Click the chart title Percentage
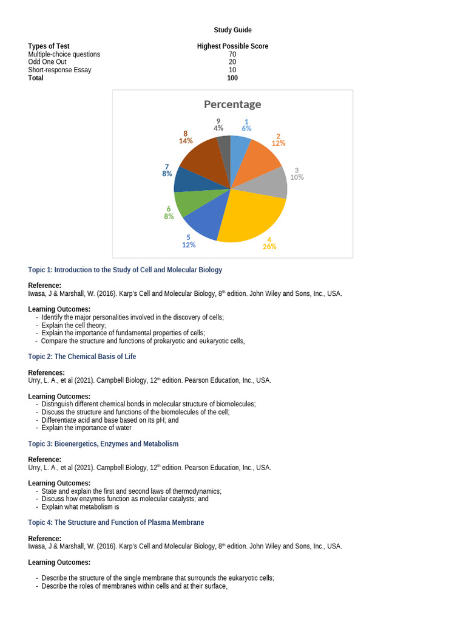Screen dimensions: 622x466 click(232, 104)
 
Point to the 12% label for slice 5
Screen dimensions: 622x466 click(189, 245)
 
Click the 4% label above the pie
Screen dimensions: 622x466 click(218, 128)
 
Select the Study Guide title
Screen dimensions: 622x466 click(232, 30)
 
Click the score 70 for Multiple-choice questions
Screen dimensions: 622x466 click(232, 54)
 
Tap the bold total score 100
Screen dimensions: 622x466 click(232, 78)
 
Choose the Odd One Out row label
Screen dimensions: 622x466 click(50, 62)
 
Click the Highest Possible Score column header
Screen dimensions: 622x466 click(232, 46)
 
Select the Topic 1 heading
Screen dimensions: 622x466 click(125, 270)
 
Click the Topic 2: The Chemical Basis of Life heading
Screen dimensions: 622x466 click(82, 357)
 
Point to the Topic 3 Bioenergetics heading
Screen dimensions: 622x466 click(103, 444)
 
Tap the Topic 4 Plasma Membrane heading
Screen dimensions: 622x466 click(116, 522)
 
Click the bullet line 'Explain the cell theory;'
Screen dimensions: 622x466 click(73, 325)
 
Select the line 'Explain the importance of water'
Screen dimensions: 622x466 click(86, 428)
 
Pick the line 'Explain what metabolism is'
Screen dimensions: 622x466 click(80, 507)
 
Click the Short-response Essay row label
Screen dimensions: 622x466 click(59, 70)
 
